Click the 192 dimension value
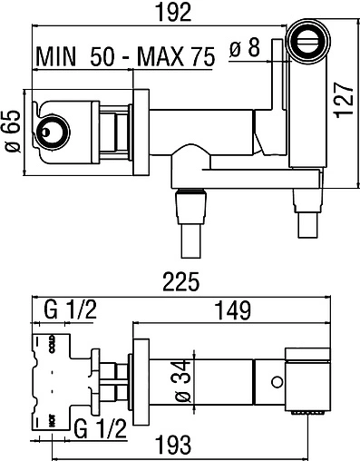(x=173, y=13)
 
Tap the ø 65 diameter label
(x=13, y=132)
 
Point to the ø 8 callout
(x=245, y=48)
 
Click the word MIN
(x=56, y=56)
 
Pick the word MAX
(x=161, y=56)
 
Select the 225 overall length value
(x=181, y=281)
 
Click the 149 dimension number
(x=233, y=310)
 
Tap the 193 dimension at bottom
(x=173, y=445)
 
